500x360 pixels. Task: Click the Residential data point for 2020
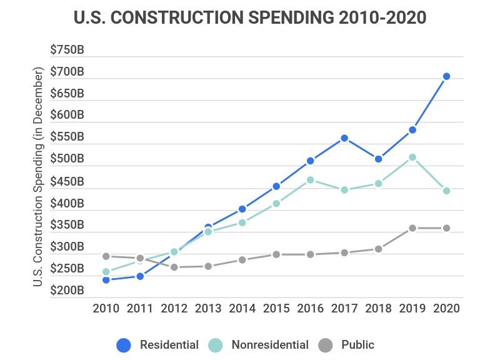(x=446, y=76)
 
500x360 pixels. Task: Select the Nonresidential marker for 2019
(x=412, y=157)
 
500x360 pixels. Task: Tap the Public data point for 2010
(x=106, y=256)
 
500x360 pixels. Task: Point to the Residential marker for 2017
(x=344, y=138)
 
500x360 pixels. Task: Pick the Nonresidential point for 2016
(x=310, y=180)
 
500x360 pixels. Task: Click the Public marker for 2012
(x=174, y=267)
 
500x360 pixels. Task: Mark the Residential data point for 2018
(x=378, y=159)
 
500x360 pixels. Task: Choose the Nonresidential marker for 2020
(x=446, y=191)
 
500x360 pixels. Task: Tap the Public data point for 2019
(x=412, y=228)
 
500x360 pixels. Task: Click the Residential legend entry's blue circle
(x=124, y=345)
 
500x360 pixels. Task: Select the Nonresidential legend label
(x=269, y=345)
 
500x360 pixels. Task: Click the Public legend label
(x=357, y=345)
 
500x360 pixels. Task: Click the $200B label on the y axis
(x=67, y=291)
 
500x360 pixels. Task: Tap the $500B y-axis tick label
(x=67, y=159)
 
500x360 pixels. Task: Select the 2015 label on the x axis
(x=276, y=308)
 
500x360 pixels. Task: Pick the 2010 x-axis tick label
(x=106, y=308)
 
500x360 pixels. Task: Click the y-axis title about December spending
(x=38, y=178)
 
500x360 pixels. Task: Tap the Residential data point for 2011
(x=140, y=276)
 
